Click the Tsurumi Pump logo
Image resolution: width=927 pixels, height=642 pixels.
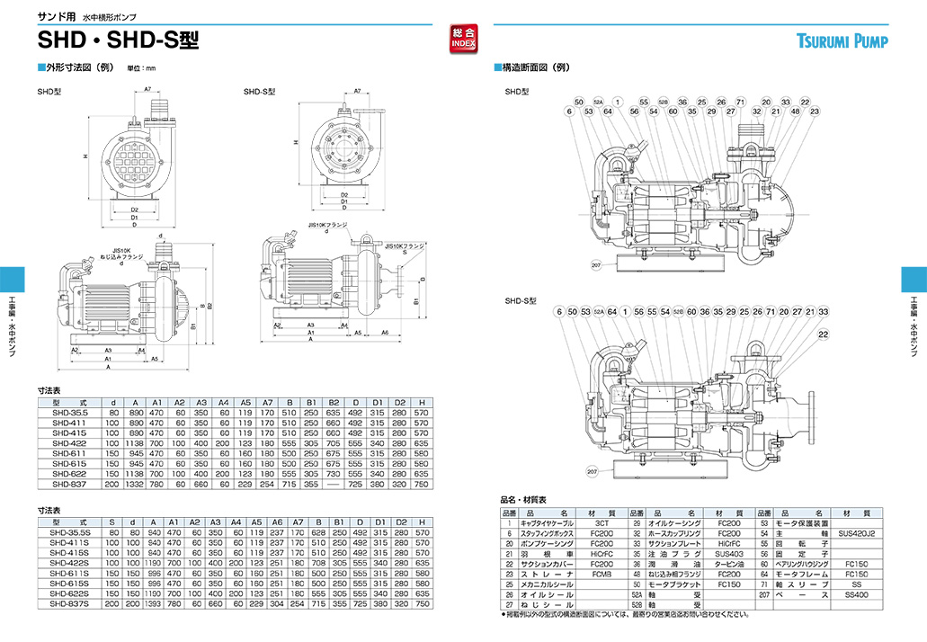[x=842, y=40]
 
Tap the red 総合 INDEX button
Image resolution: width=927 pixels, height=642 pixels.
[x=462, y=39]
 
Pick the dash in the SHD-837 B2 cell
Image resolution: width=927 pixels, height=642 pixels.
[x=334, y=484]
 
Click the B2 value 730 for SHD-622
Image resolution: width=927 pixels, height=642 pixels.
[x=334, y=473]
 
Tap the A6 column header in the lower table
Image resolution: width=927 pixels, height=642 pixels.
[x=277, y=522]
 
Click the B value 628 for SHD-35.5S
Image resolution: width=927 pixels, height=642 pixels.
[x=318, y=532]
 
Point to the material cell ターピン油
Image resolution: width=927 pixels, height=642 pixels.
[x=728, y=563]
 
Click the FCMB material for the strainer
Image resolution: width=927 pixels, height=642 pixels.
[x=601, y=573]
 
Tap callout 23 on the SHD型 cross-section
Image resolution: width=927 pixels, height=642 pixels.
[x=814, y=111]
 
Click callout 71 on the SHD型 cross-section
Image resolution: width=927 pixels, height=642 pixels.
[x=740, y=103]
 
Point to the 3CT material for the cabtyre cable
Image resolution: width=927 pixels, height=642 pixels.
[x=601, y=522]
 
